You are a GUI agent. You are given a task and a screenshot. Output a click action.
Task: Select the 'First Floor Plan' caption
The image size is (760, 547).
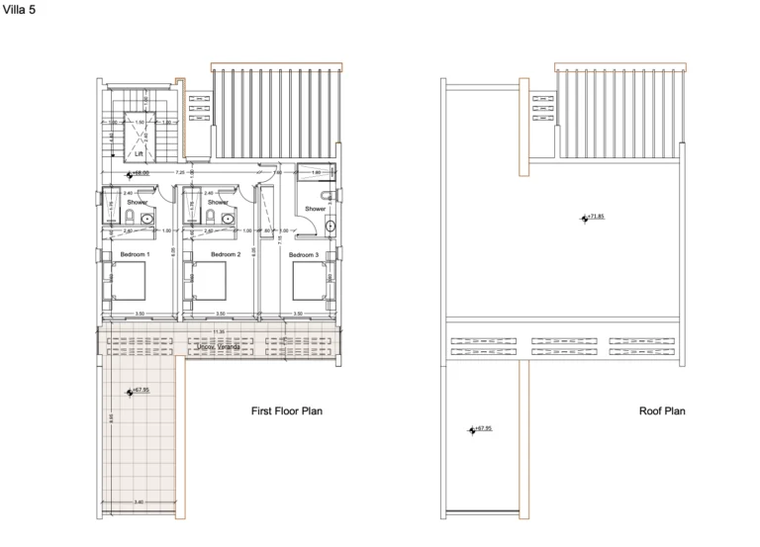tap(287, 410)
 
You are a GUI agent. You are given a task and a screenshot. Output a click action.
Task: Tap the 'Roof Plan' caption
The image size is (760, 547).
tap(662, 410)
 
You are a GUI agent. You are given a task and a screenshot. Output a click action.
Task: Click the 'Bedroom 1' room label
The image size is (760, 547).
tap(135, 254)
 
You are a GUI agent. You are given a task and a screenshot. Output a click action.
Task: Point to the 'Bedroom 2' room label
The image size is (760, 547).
tap(225, 254)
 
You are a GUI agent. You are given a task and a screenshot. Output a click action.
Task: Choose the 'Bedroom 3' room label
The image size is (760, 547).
tap(304, 254)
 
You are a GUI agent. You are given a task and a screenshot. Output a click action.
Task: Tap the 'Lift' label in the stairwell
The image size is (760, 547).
tap(140, 154)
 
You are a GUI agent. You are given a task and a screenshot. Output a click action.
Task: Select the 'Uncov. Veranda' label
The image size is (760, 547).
tap(218, 346)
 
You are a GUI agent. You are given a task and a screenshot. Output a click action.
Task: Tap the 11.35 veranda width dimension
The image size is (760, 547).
tap(218, 331)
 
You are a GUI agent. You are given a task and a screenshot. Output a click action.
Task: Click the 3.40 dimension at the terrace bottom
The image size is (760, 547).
tap(138, 502)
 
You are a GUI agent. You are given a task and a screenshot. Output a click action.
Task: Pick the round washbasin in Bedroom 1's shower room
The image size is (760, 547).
tap(148, 219)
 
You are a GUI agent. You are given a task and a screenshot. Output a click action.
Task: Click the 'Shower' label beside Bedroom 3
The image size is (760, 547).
tap(315, 209)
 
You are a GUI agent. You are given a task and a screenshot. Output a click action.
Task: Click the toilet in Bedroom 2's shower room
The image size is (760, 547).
tap(209, 218)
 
